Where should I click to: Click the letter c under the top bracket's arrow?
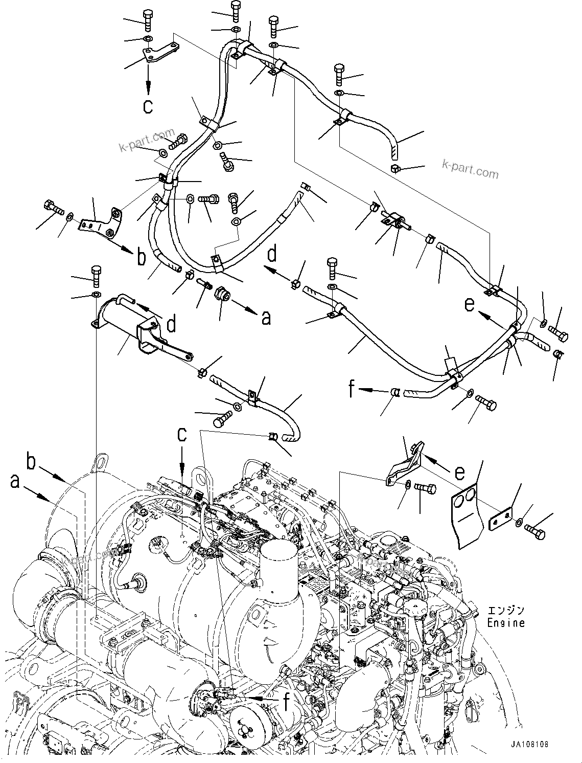(148, 106)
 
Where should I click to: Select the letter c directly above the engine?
(182, 434)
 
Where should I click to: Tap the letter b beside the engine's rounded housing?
(32, 463)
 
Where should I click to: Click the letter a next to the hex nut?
(265, 318)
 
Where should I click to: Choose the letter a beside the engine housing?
(15, 481)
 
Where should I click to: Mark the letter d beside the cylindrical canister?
(172, 324)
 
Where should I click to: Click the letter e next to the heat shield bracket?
(460, 473)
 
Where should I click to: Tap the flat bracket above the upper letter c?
(159, 53)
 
